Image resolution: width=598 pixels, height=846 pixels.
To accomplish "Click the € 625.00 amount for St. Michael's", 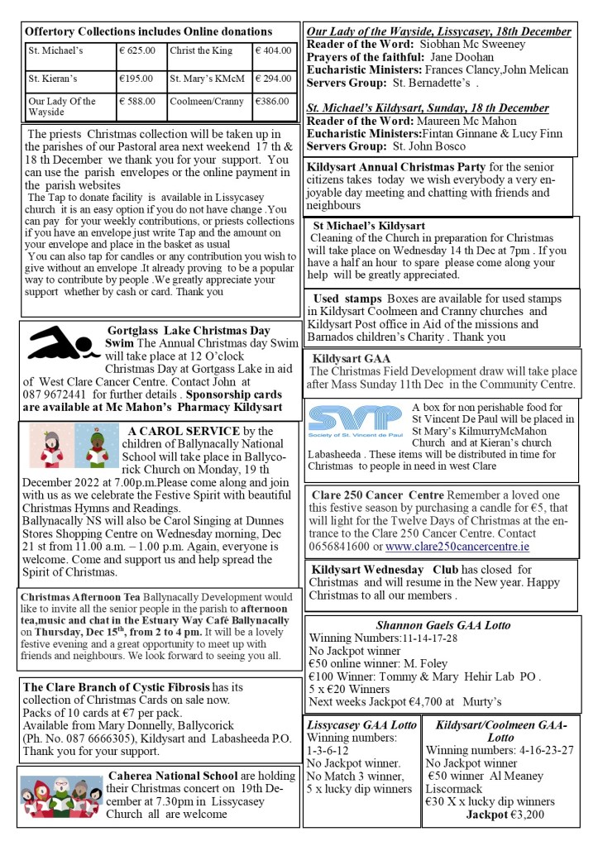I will pos(137,50).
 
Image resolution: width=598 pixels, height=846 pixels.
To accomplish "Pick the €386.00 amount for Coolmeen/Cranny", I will pos(272,102).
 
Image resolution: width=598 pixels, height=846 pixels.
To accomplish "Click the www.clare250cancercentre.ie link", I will pos(470,547).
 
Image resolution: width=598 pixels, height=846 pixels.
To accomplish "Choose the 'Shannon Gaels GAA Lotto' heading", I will pos(443,625).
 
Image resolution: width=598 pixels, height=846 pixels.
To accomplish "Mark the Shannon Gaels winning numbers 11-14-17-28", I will pos(423,638).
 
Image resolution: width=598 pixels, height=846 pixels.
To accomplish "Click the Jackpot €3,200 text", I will pos(505,815).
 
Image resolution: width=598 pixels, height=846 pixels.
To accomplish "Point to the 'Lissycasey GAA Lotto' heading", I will pos(361,725).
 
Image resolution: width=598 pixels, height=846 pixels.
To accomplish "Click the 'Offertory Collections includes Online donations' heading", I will pos(149,31).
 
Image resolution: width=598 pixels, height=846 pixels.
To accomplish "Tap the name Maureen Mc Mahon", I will pos(472,121).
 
